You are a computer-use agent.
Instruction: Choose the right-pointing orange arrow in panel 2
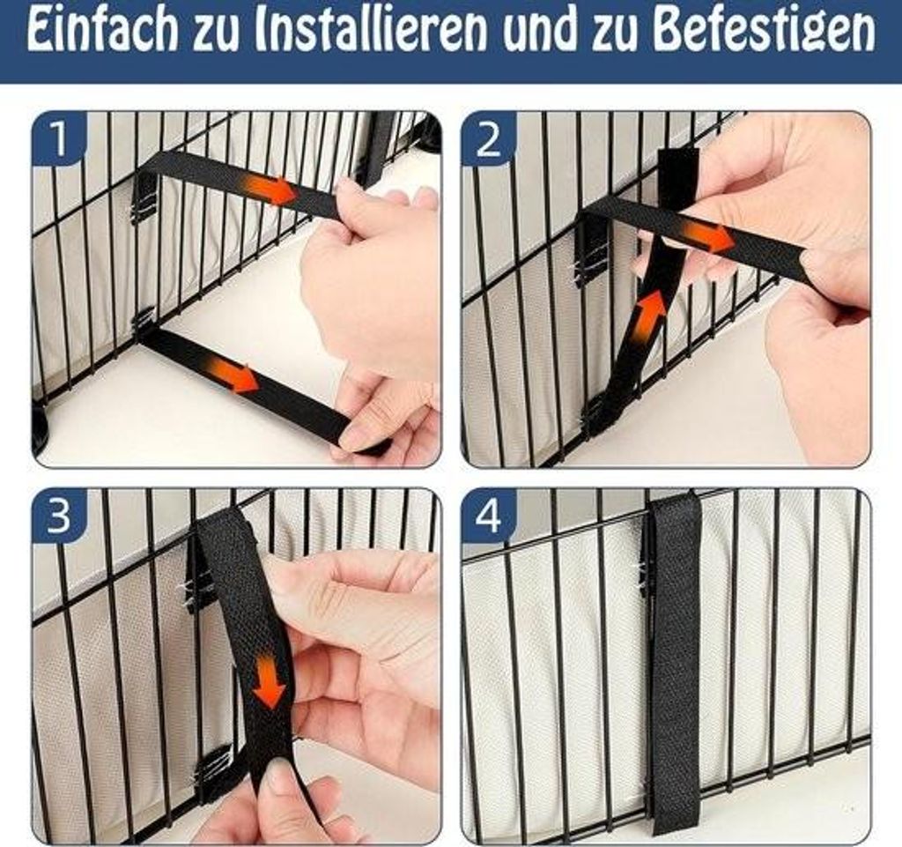pyautogui.click(x=707, y=236)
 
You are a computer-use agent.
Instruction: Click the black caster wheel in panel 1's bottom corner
pyautogui.click(x=41, y=426)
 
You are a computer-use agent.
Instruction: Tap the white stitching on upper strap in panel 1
pyautogui.click(x=141, y=213)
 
